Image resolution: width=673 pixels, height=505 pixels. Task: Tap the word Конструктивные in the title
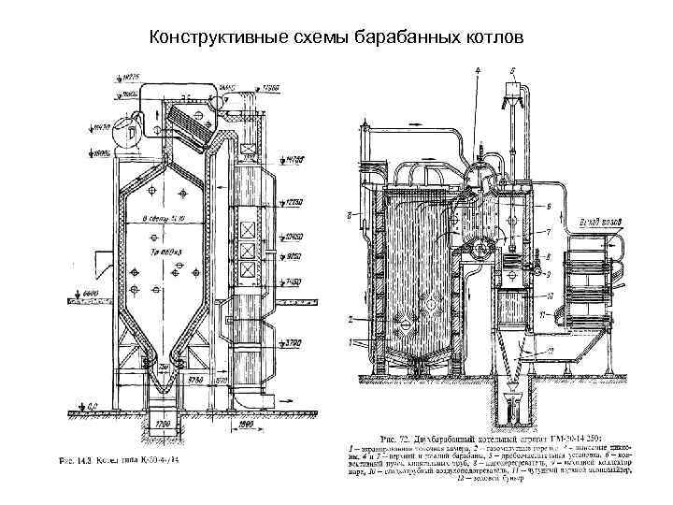pyautogui.click(x=206, y=36)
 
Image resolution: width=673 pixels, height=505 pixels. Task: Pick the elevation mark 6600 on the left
pyautogui.click(x=91, y=294)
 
